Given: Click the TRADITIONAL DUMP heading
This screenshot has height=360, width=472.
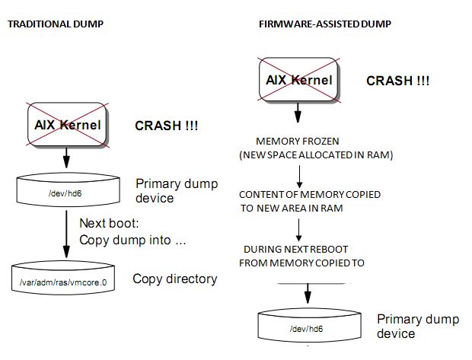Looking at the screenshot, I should click(x=55, y=24).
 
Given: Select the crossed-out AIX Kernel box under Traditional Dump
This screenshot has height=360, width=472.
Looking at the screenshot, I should click(x=67, y=124).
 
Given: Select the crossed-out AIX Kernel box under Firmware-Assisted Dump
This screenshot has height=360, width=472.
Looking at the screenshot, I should click(x=298, y=80).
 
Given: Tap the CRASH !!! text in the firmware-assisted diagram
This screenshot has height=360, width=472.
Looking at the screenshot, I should click(x=397, y=81).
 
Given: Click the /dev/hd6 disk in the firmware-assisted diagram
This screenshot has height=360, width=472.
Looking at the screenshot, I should click(x=308, y=327).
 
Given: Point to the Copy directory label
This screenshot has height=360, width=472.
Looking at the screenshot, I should click(x=174, y=279).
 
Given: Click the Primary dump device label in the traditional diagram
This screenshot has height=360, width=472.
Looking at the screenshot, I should click(x=176, y=190).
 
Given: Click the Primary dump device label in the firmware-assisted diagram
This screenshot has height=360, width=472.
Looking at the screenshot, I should click(x=418, y=326).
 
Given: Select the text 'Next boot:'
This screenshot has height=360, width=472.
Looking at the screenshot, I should click(x=108, y=224).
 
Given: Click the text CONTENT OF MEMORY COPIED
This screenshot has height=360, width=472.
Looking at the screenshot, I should click(x=310, y=194).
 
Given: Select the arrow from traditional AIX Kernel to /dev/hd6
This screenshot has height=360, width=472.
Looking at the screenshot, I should click(x=67, y=158).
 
